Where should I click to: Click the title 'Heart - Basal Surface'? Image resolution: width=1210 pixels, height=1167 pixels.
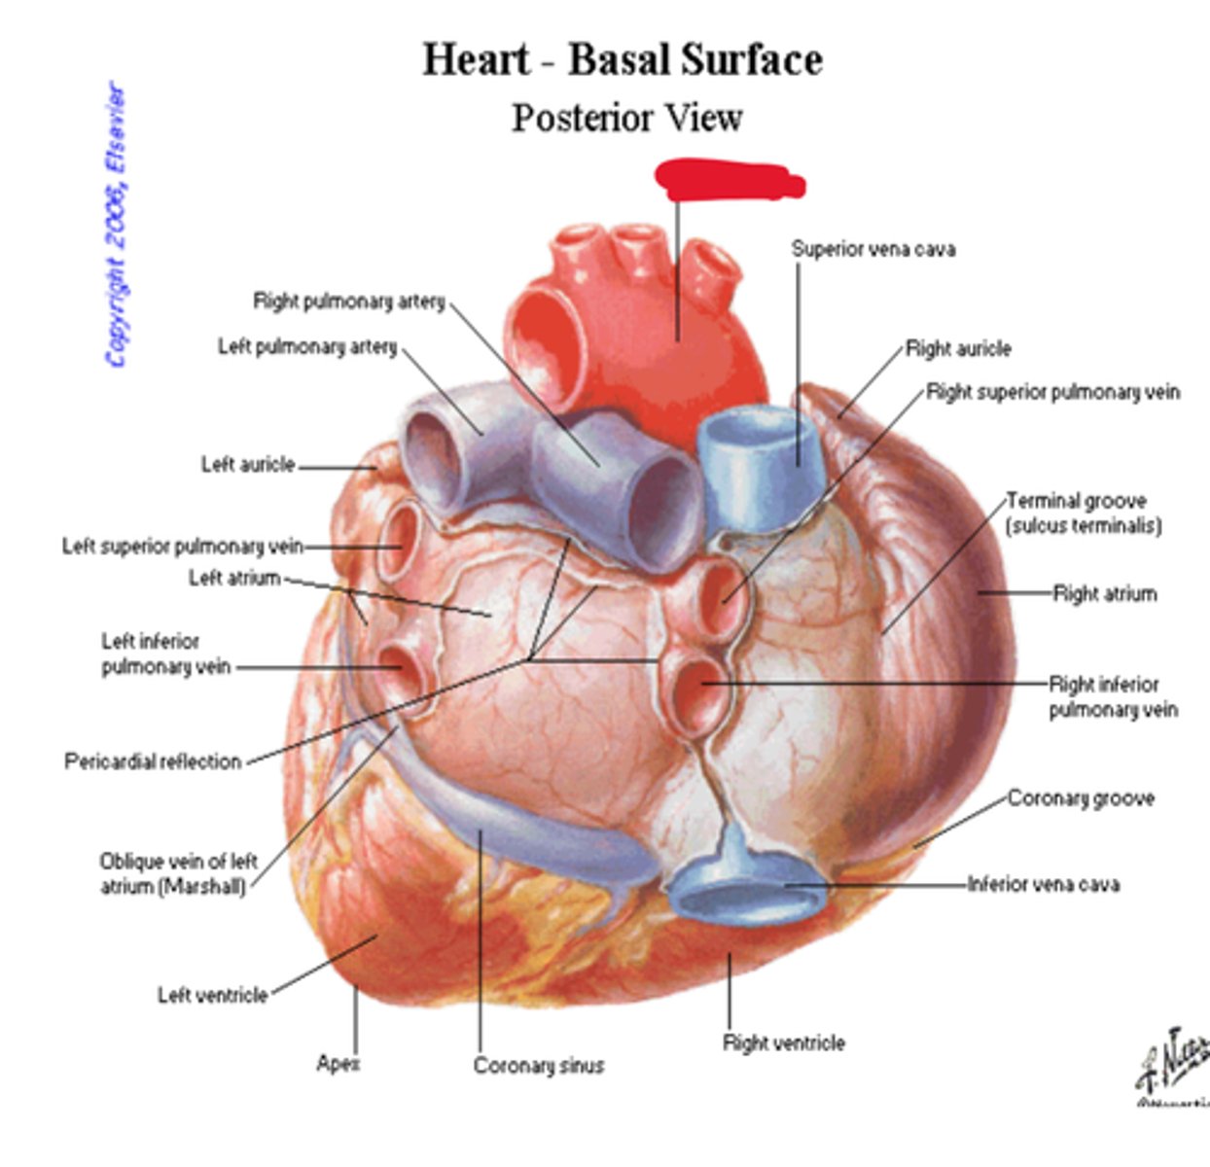(623, 59)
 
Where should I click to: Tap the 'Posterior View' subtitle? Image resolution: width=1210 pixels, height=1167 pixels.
(627, 119)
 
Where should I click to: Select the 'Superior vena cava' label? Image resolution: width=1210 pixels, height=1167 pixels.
(872, 249)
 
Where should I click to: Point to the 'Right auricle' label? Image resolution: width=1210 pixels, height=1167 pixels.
(958, 349)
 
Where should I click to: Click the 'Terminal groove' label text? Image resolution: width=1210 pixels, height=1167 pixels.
(1076, 502)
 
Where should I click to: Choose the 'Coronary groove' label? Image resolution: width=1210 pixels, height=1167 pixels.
(1081, 799)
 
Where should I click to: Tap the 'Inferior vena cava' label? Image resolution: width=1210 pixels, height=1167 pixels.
(1043, 885)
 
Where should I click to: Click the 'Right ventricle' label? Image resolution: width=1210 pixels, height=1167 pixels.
(783, 1043)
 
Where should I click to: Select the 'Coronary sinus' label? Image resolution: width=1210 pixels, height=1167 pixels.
(539, 1067)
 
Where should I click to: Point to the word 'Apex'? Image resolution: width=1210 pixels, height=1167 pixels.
(338, 1064)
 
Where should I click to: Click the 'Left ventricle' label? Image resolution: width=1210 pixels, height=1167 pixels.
(212, 996)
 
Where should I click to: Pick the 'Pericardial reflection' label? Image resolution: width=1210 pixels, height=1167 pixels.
(153, 761)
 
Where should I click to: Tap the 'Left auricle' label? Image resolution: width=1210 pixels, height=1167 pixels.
(247, 465)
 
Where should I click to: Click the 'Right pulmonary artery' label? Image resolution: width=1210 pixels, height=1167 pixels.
(348, 301)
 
